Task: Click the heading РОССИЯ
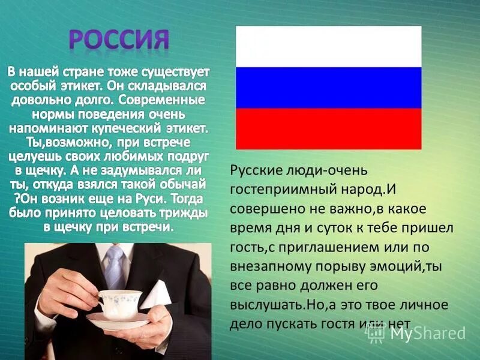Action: [118, 40]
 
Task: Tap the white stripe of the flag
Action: [328, 46]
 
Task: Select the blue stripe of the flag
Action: [328, 88]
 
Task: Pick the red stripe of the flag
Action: [328, 128]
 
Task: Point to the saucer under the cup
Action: [118, 320]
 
